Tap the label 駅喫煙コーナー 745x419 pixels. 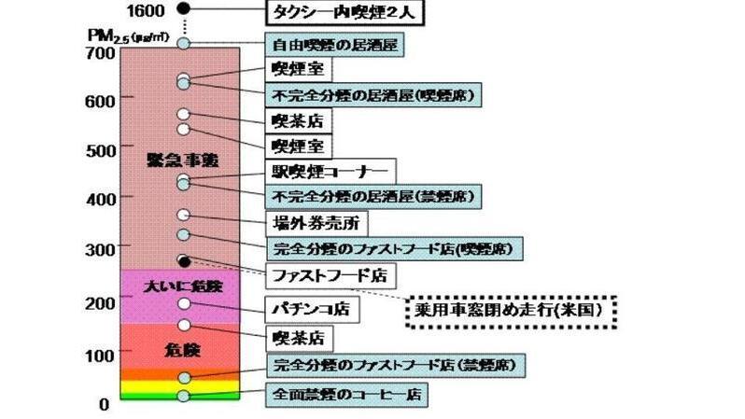(x=330, y=172)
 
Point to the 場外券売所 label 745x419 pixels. (x=315, y=223)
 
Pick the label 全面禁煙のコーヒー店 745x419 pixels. (x=346, y=395)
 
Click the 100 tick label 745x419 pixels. (x=98, y=355)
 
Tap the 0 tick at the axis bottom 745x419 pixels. (x=105, y=404)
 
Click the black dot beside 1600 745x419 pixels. (x=184, y=8)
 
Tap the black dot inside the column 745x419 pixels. (x=184, y=260)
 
